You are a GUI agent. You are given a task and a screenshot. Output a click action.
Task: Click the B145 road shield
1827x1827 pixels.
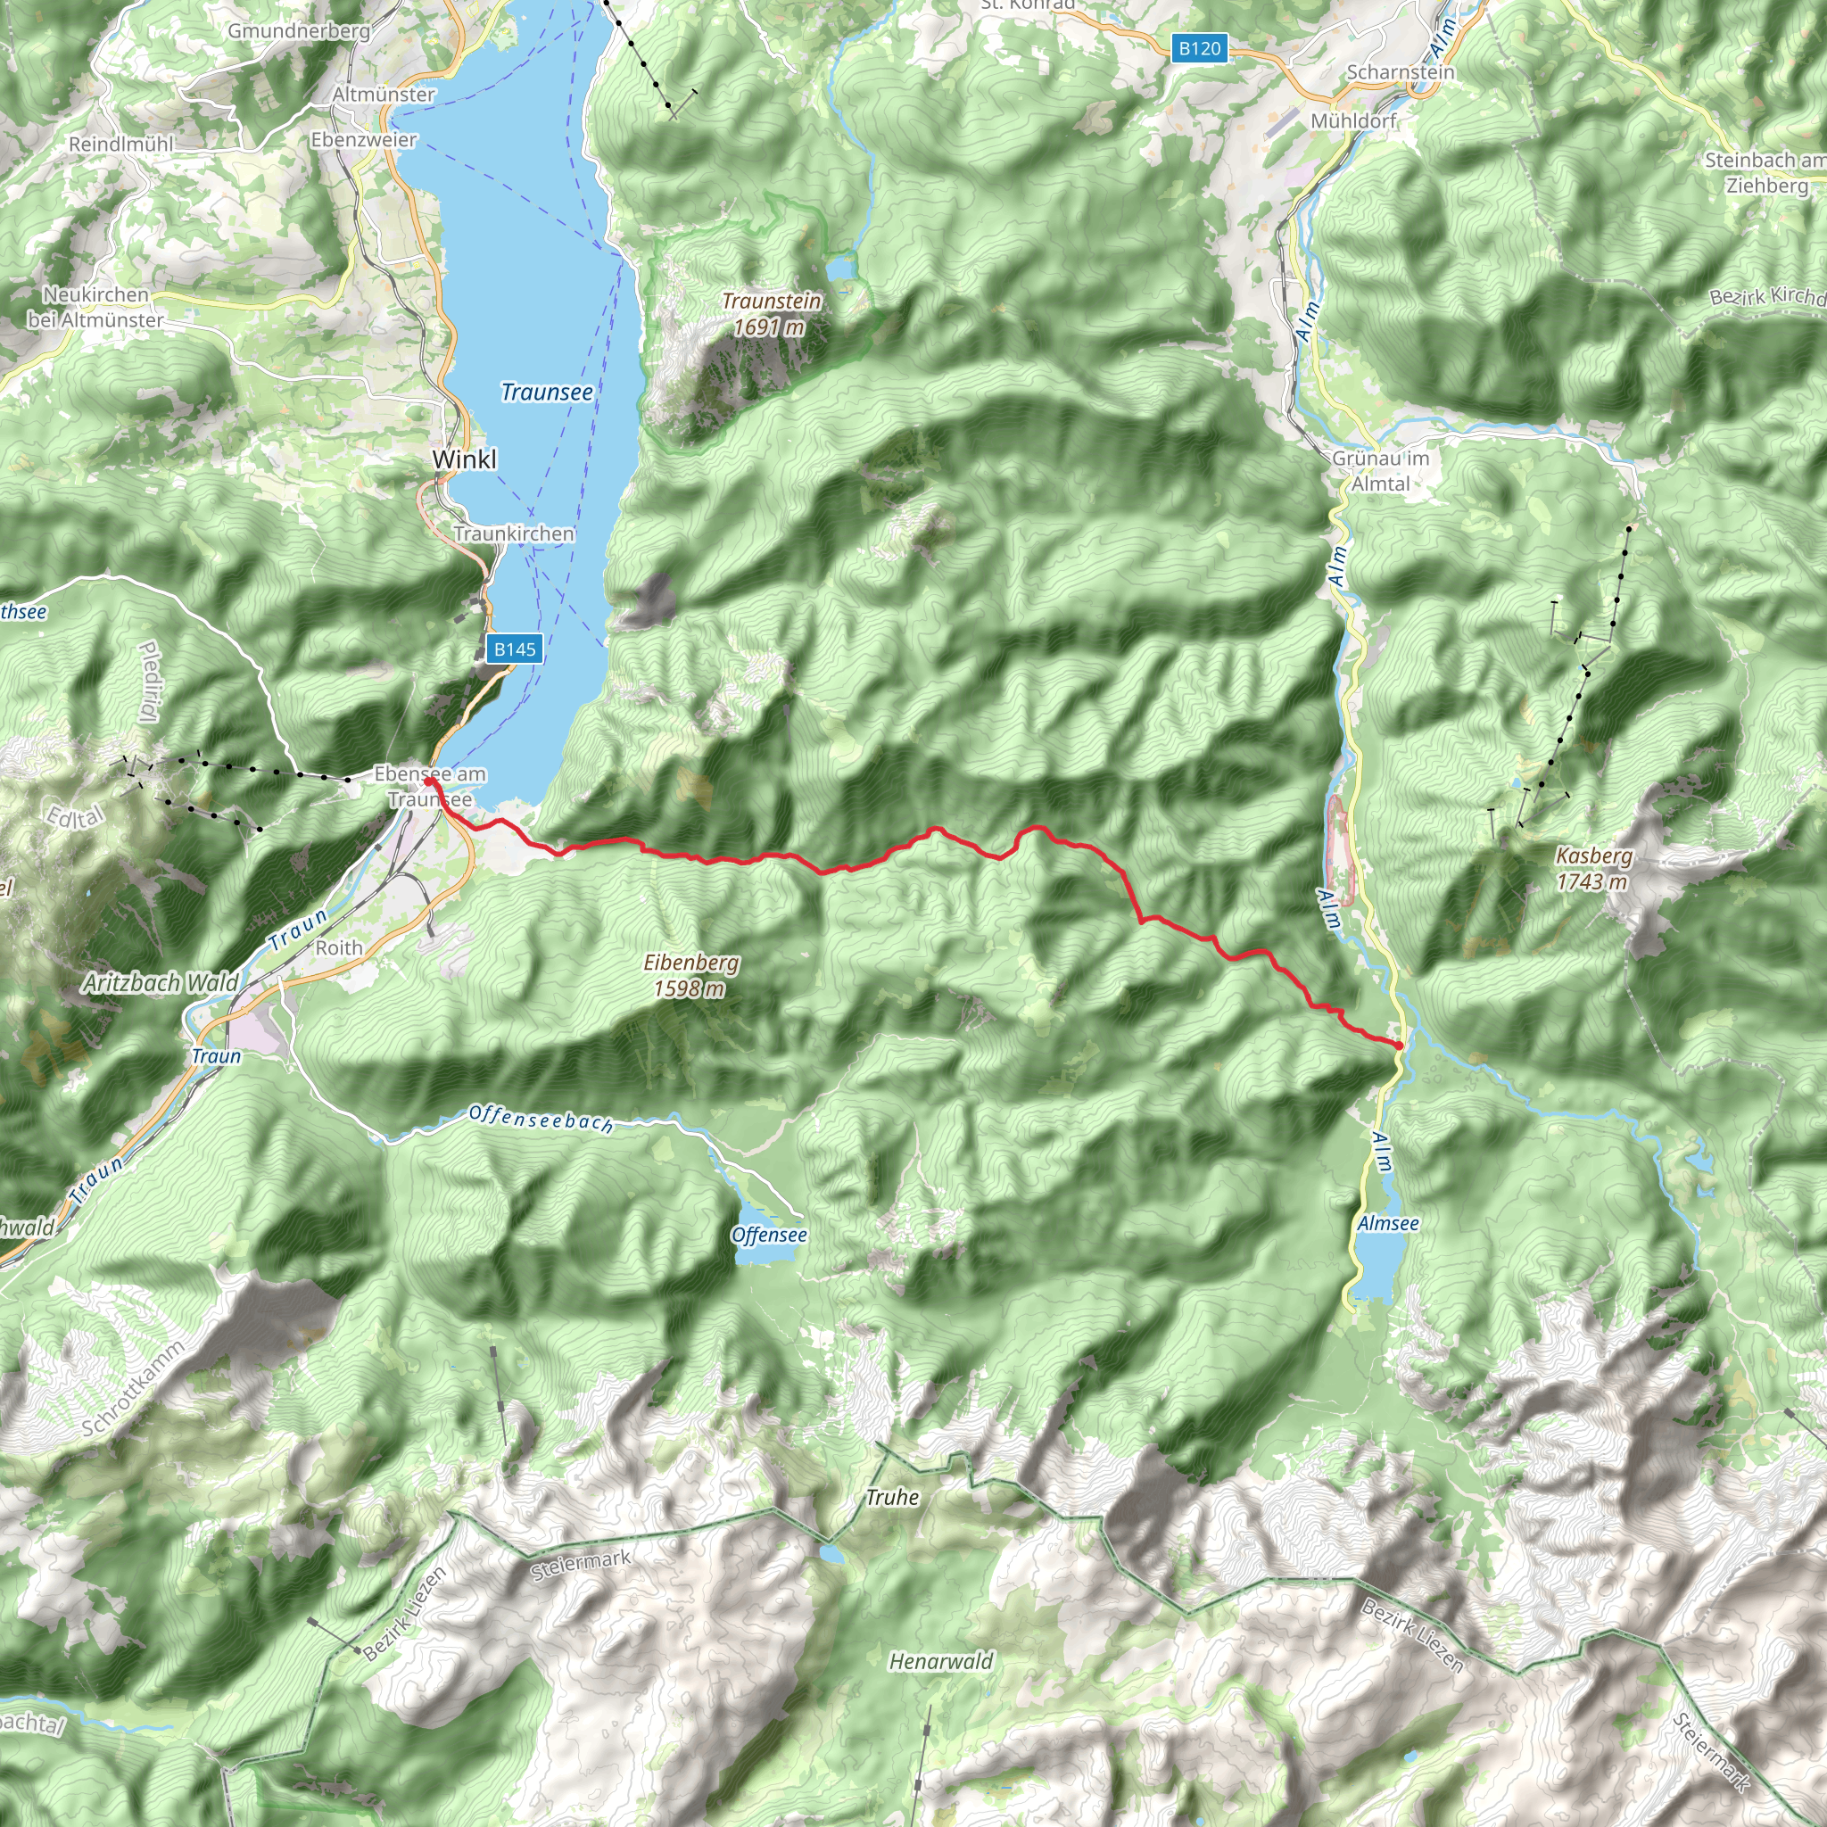515,649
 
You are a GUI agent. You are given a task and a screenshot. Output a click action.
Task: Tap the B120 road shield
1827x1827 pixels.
1199,48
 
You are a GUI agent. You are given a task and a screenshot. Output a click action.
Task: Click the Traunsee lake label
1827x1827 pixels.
547,392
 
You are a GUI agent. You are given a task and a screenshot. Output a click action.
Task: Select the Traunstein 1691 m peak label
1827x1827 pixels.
771,314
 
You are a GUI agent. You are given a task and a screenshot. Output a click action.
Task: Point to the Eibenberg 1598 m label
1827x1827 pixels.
690,975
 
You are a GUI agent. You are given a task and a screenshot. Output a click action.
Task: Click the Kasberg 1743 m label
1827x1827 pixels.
1593,868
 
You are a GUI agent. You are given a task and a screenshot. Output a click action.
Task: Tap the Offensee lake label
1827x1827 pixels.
769,1235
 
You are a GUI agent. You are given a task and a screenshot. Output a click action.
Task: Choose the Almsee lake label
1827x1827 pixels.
1387,1224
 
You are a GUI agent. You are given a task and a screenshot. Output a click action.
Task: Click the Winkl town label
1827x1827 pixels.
464,459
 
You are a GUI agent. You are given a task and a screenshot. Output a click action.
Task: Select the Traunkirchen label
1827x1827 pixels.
514,533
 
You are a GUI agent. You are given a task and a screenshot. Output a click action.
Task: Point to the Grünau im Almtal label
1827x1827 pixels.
1381,471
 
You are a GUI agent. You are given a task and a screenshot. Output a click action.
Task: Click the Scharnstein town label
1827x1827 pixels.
1401,73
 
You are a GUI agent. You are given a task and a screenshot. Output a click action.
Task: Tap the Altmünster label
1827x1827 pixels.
383,95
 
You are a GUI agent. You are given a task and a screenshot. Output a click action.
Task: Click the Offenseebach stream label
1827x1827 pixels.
541,1119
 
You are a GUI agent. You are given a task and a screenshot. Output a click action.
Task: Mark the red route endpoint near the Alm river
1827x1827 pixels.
1398,1045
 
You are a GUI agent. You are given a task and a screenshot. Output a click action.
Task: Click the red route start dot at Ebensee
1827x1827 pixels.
428,782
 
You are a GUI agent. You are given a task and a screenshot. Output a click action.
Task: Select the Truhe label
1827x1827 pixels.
892,1497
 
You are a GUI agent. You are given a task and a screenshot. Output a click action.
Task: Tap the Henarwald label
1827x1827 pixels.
941,1661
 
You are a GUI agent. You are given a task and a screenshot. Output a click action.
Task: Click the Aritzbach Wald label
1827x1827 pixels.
161,982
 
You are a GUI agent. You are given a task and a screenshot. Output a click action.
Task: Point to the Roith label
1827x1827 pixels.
338,947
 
